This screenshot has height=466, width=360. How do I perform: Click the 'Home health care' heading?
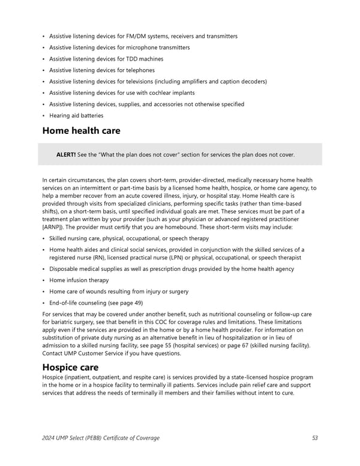point(81,131)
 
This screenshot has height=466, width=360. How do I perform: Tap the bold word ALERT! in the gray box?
point(65,155)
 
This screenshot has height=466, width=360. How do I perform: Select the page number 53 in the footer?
point(315,438)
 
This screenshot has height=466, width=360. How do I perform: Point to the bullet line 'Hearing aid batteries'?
point(76,116)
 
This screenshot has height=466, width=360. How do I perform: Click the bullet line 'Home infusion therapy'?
point(79,280)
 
